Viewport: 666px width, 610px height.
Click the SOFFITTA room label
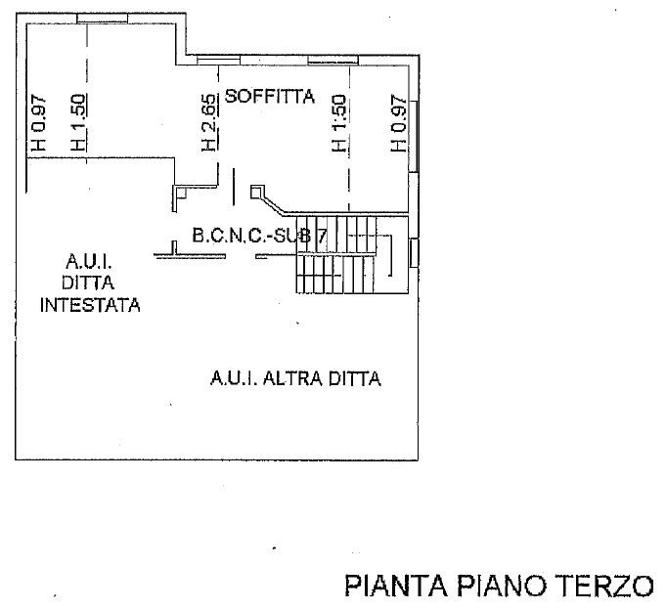point(269,96)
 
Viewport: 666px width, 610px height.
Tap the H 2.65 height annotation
point(208,122)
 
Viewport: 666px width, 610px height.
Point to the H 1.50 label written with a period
point(78,122)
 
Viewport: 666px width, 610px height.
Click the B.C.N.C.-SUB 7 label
point(252,236)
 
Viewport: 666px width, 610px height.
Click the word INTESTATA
point(90,305)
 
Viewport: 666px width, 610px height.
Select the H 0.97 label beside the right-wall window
point(397,122)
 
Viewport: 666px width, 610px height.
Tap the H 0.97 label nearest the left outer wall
point(37,122)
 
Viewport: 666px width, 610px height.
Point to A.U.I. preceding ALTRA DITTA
point(235,378)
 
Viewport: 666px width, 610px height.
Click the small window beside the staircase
point(415,251)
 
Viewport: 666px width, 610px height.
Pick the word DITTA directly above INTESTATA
point(90,283)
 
